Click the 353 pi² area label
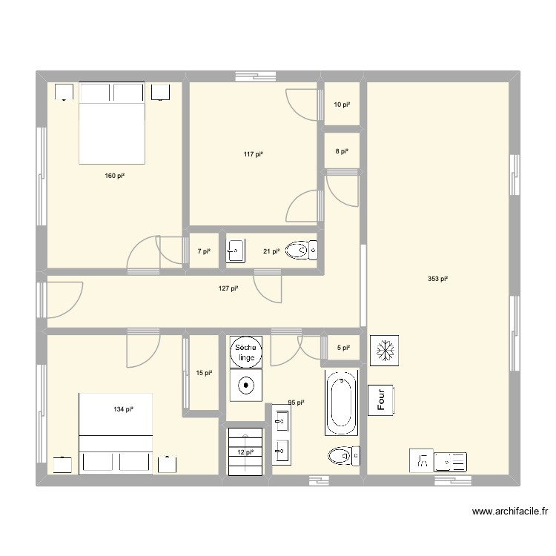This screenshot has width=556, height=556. point(438,279)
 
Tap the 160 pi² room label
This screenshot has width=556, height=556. point(115,176)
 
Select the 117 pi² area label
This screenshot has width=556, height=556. point(254,155)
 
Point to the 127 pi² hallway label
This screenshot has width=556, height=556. point(228,288)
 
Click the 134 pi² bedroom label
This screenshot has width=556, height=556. point(124,409)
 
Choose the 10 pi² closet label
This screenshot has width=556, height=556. point(341,105)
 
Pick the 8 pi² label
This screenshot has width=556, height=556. point(341,151)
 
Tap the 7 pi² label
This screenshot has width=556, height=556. point(204,251)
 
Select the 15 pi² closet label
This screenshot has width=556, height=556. point(204,374)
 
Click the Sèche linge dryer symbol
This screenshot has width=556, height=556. point(245,352)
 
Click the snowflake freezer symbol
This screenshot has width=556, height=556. point(384,348)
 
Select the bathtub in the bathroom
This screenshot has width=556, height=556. point(342,405)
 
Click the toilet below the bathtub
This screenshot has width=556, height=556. point(342,454)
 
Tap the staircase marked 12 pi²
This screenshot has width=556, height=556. point(245,451)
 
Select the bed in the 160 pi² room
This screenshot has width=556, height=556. point(111,123)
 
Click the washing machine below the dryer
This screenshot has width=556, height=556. point(245,385)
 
